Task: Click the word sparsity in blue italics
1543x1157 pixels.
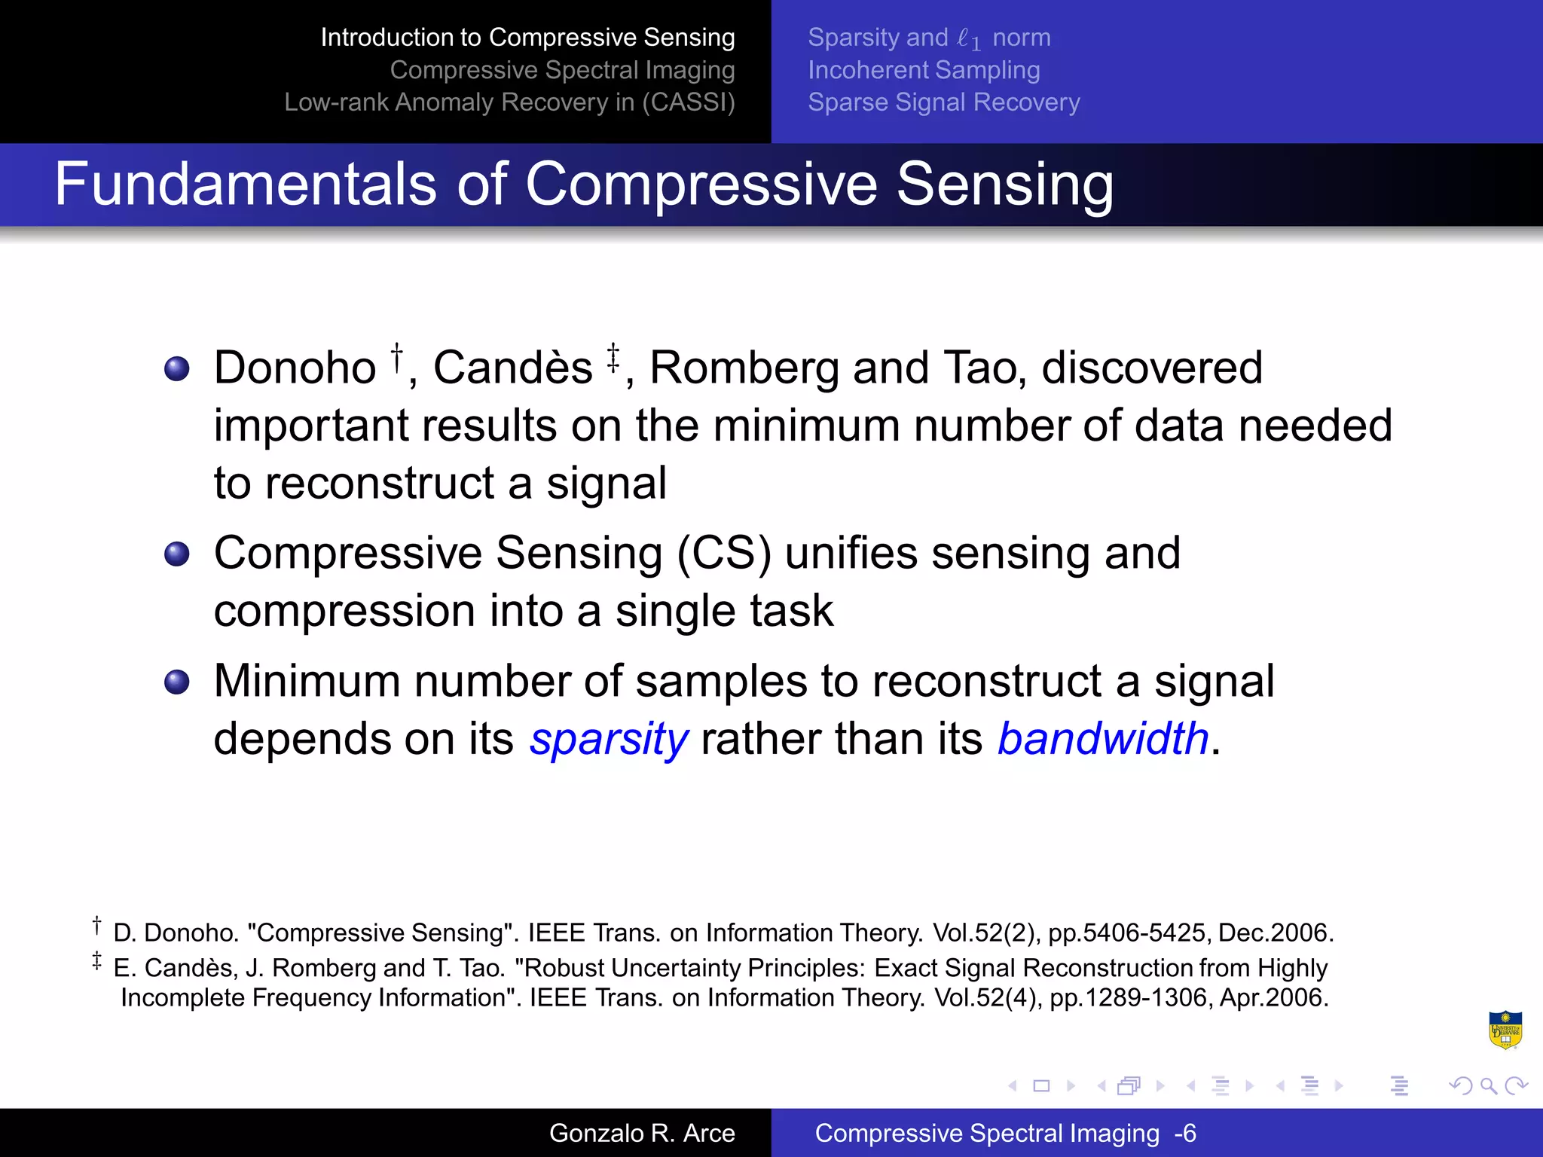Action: [609, 739]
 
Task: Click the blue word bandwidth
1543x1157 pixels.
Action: [1103, 739]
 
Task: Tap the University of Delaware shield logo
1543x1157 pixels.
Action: [1505, 1030]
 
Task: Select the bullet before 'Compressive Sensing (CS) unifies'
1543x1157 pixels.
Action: [177, 554]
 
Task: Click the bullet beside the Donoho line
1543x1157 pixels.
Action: [177, 369]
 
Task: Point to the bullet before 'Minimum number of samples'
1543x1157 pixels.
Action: [177, 682]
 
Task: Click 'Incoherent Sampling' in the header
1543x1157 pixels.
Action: [924, 70]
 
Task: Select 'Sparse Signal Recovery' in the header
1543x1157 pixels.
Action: [943, 102]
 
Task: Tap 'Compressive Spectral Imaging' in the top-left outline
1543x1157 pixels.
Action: [562, 70]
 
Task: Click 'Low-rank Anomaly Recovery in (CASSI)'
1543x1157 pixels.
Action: [509, 102]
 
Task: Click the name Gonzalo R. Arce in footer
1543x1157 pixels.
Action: [642, 1133]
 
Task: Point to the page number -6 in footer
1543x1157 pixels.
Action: [1185, 1133]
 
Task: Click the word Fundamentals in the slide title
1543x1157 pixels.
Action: [245, 185]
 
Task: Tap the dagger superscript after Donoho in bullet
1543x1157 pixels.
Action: [396, 357]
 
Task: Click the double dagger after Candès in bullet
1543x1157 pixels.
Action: [613, 357]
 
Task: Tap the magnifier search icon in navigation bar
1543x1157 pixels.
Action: [1488, 1085]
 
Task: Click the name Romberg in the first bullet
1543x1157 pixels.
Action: [744, 369]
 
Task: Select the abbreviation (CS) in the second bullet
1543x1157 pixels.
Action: [724, 554]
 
